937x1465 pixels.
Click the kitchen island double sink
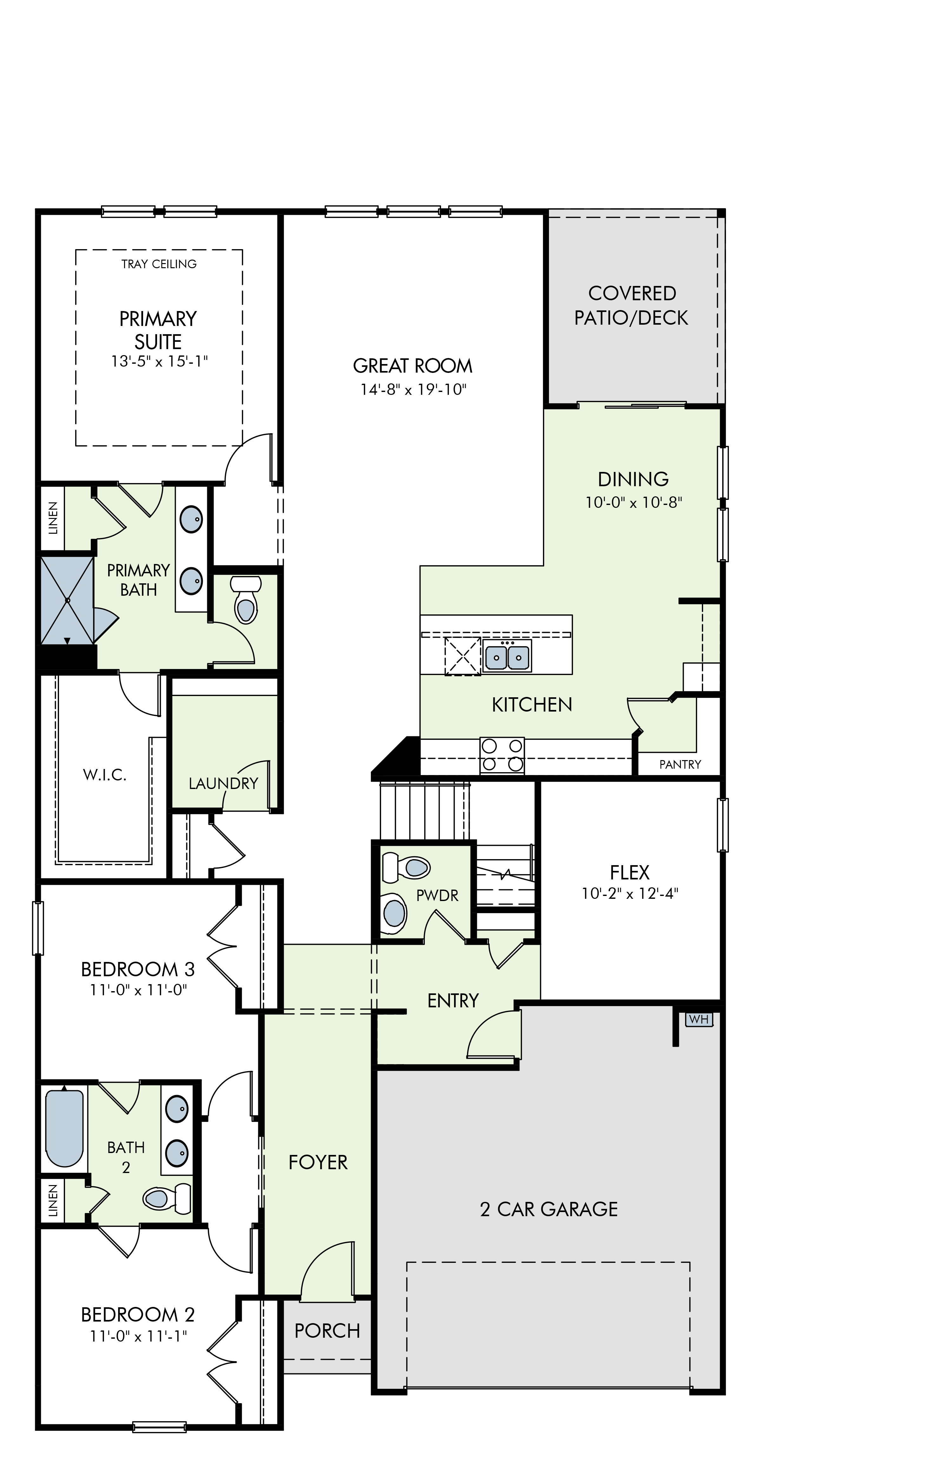[x=507, y=656]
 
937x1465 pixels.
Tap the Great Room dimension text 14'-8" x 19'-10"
[x=413, y=389]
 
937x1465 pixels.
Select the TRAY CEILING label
[x=159, y=264]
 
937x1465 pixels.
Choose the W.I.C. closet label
[x=105, y=774]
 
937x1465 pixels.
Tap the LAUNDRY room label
[x=223, y=783]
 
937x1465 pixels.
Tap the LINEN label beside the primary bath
[x=53, y=518]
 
